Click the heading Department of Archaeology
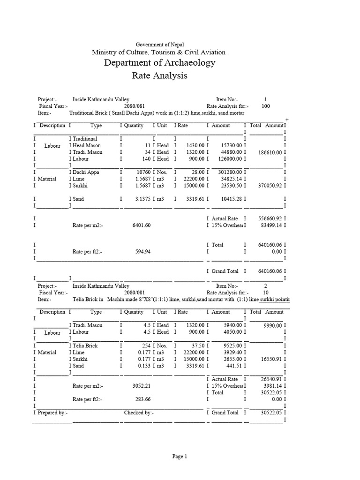(x=160, y=62)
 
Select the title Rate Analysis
(x=160, y=75)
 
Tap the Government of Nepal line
(x=158, y=44)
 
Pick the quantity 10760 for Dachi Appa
(x=140, y=172)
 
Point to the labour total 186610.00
(x=268, y=152)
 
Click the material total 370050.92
(x=268, y=186)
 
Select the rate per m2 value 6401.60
(x=142, y=225)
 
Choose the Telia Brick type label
(x=85, y=345)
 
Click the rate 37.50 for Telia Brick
(x=192, y=345)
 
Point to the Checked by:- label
(x=139, y=412)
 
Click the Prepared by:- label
(x=53, y=412)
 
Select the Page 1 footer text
(x=180, y=456)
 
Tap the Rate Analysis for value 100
(x=266, y=106)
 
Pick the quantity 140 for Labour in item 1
(x=144, y=158)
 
